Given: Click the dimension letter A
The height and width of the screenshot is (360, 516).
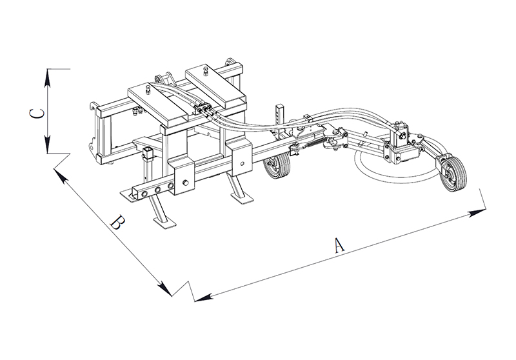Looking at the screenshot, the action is click(339, 245).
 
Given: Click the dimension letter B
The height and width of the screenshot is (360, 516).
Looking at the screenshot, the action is click(118, 223).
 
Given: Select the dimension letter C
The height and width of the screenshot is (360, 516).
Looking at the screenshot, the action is click(37, 113).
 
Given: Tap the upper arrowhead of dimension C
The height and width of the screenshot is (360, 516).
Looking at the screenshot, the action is click(48, 78).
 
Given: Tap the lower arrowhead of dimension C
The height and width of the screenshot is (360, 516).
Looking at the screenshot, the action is click(48, 145).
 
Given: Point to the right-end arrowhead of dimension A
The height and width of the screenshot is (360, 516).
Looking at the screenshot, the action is click(477, 212).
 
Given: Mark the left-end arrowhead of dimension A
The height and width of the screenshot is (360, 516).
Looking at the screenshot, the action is click(203, 297).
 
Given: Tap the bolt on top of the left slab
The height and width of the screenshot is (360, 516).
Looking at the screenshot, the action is click(148, 88).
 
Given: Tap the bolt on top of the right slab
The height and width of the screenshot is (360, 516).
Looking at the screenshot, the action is click(206, 70).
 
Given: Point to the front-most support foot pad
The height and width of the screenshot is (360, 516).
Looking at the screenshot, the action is click(164, 223).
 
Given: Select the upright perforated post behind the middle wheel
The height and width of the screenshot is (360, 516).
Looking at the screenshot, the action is click(281, 121).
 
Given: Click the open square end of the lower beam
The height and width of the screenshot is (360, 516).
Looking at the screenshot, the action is click(137, 193).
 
